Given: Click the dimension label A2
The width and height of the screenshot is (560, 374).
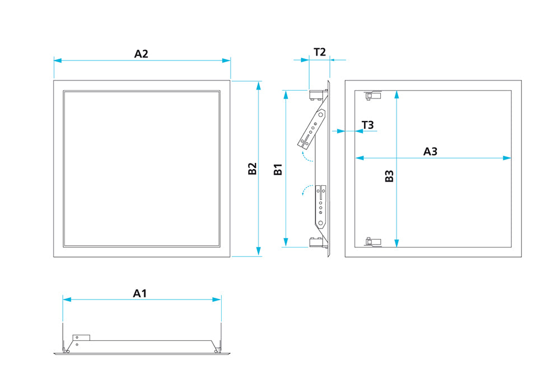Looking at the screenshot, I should (x=141, y=54).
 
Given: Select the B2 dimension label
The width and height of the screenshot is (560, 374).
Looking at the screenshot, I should (x=253, y=169).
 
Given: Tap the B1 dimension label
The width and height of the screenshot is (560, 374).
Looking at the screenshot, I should (x=278, y=170).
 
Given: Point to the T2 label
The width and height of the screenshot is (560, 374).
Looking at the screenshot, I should (x=320, y=52).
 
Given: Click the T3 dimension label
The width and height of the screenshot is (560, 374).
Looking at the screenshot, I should (x=367, y=124).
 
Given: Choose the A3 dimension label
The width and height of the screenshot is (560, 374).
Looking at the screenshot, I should (x=430, y=151).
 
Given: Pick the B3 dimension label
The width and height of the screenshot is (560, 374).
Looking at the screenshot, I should (x=390, y=176).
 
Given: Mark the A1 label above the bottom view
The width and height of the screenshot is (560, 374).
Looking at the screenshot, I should (x=139, y=293).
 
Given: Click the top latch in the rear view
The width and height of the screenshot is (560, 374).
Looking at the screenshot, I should (x=372, y=95).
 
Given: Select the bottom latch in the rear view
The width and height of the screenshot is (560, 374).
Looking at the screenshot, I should (x=372, y=242).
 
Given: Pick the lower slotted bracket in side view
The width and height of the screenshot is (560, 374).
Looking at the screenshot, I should (x=321, y=205).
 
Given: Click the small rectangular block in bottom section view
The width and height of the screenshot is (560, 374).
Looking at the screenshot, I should (x=81, y=337).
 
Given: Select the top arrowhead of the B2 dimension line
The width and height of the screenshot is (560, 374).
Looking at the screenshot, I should (x=258, y=85).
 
